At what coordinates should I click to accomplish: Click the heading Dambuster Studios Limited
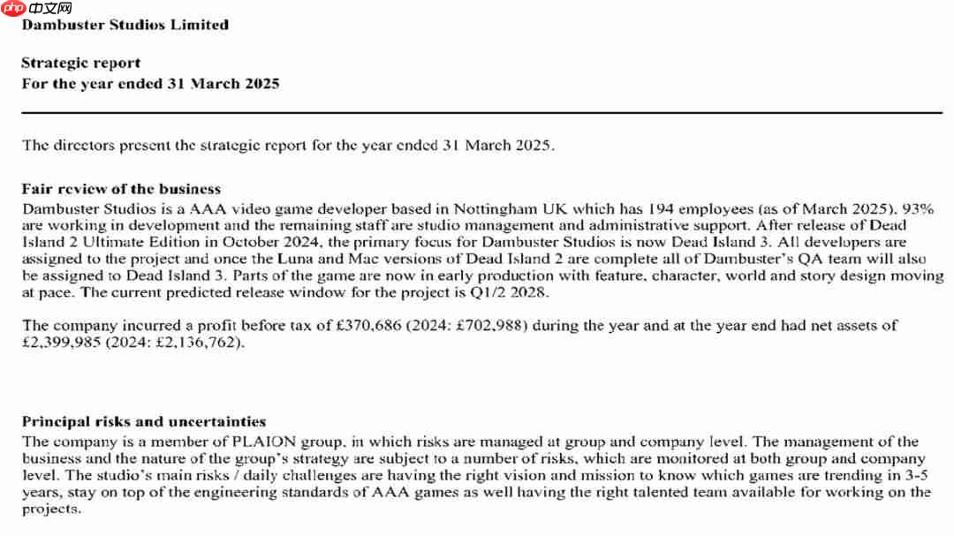125,25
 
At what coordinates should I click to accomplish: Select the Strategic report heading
80,64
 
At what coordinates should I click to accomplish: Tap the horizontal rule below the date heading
481,113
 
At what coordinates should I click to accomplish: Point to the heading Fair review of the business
121,189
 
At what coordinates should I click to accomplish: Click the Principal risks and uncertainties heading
143,422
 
